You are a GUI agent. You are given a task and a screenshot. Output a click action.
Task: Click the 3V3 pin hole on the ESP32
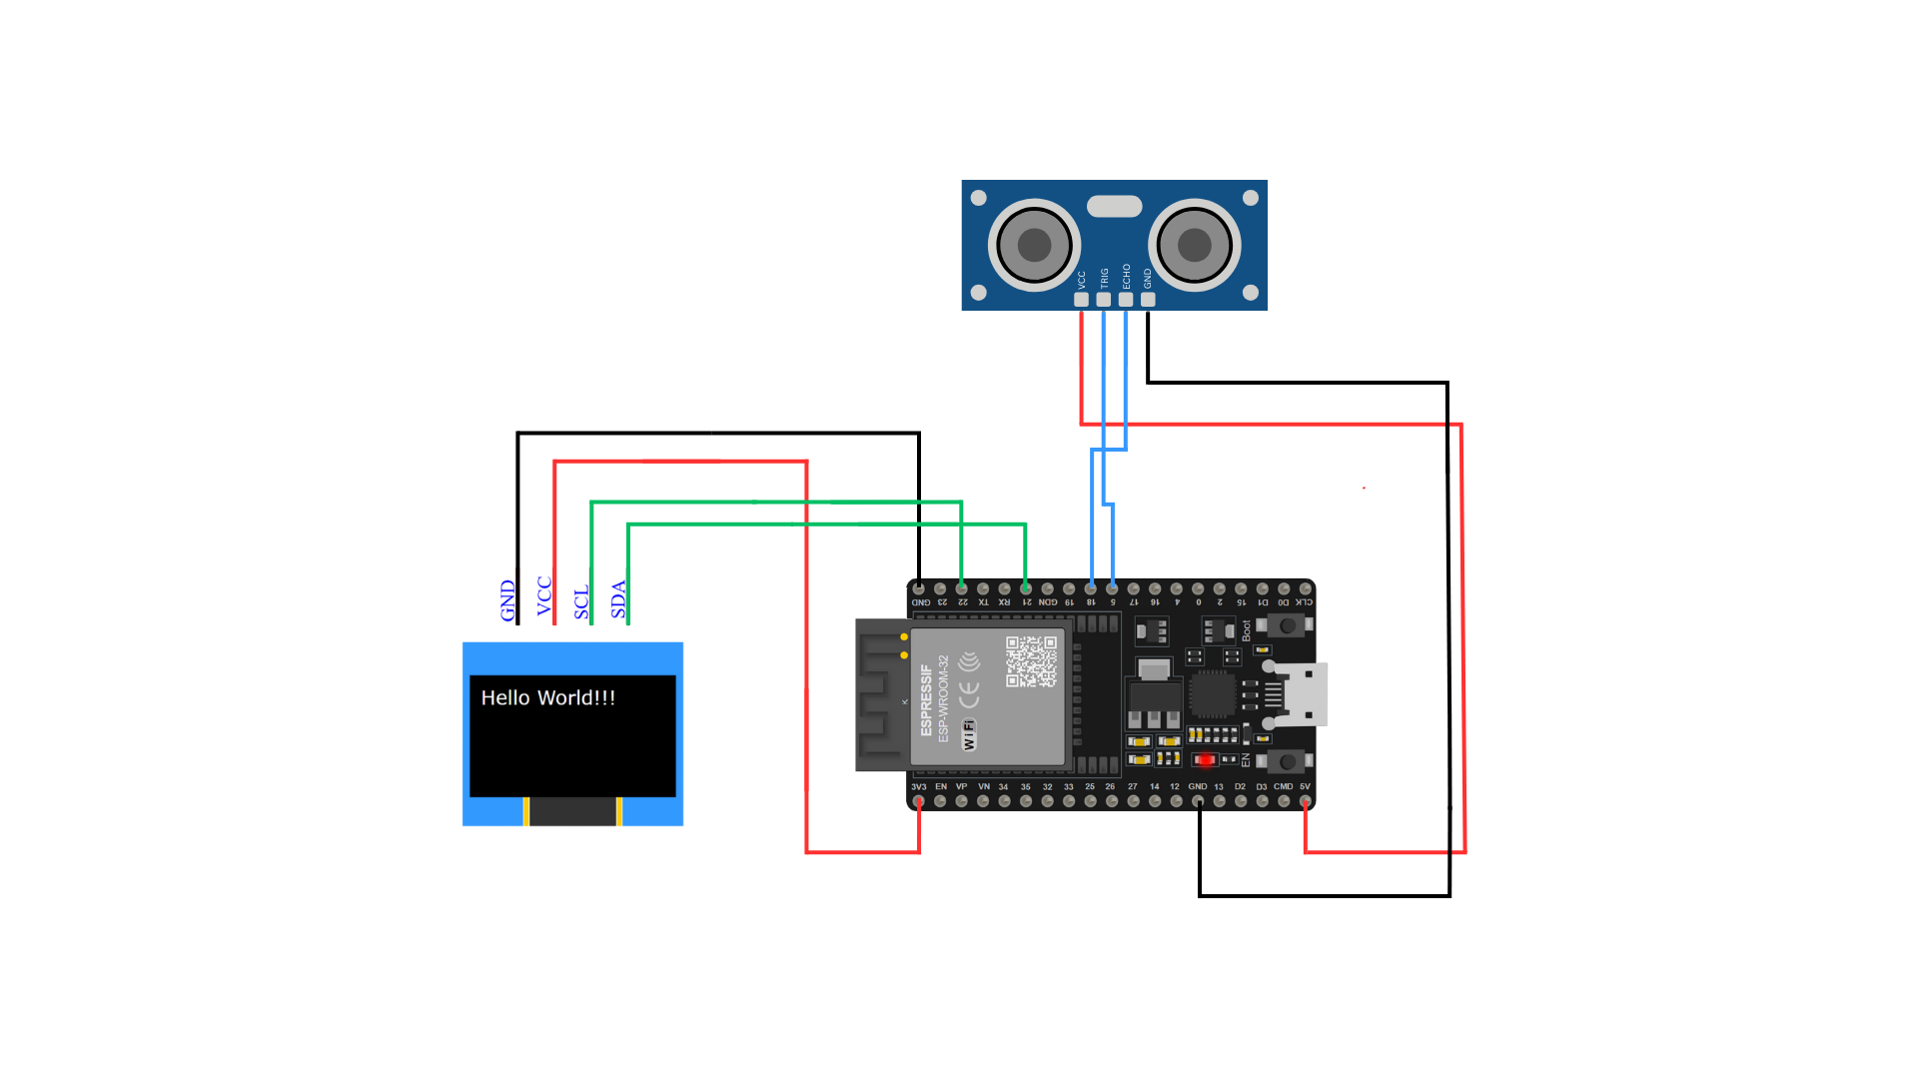click(x=918, y=801)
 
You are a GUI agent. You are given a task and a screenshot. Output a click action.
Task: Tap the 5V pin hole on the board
click(x=1305, y=801)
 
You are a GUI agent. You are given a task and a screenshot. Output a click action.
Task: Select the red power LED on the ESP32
click(x=1206, y=760)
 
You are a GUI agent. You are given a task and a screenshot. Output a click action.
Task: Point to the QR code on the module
click(x=1031, y=661)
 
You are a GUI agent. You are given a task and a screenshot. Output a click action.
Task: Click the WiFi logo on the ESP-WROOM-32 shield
click(x=968, y=734)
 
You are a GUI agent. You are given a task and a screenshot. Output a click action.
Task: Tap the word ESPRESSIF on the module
click(x=926, y=699)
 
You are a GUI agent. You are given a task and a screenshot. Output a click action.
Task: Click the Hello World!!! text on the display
click(x=547, y=698)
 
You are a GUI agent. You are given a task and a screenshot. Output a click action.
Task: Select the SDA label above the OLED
click(x=618, y=599)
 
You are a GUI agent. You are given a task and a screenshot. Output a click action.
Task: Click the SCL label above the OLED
click(x=581, y=602)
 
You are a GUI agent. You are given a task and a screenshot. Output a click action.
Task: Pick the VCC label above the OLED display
click(x=544, y=596)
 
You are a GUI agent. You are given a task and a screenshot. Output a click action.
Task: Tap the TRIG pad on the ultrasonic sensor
click(x=1103, y=299)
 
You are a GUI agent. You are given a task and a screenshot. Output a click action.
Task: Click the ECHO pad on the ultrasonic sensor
click(x=1126, y=299)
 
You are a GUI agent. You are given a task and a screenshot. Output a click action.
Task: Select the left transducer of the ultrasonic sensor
click(x=1034, y=245)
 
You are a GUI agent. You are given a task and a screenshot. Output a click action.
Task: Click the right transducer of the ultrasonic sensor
click(x=1195, y=245)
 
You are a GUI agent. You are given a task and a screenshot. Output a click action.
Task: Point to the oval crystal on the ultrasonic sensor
click(x=1114, y=206)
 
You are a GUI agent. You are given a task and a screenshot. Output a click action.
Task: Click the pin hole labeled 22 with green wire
click(x=961, y=589)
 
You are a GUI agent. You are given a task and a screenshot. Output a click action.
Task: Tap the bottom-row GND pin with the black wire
click(x=1198, y=801)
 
